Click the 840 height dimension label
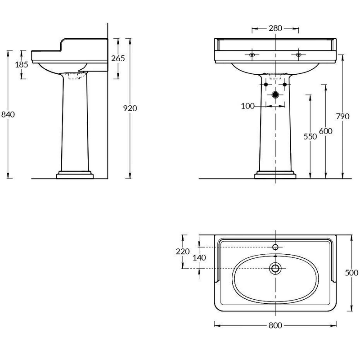tap(8, 114)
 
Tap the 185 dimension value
tap(22, 64)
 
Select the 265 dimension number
tap(118, 58)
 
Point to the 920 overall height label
tap(130, 108)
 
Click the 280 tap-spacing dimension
tap(275, 28)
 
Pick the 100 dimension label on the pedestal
tap(248, 106)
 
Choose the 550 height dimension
tap(310, 137)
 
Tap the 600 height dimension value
tap(326, 131)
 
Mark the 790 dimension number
tap(343, 117)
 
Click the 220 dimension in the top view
tap(183, 252)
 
